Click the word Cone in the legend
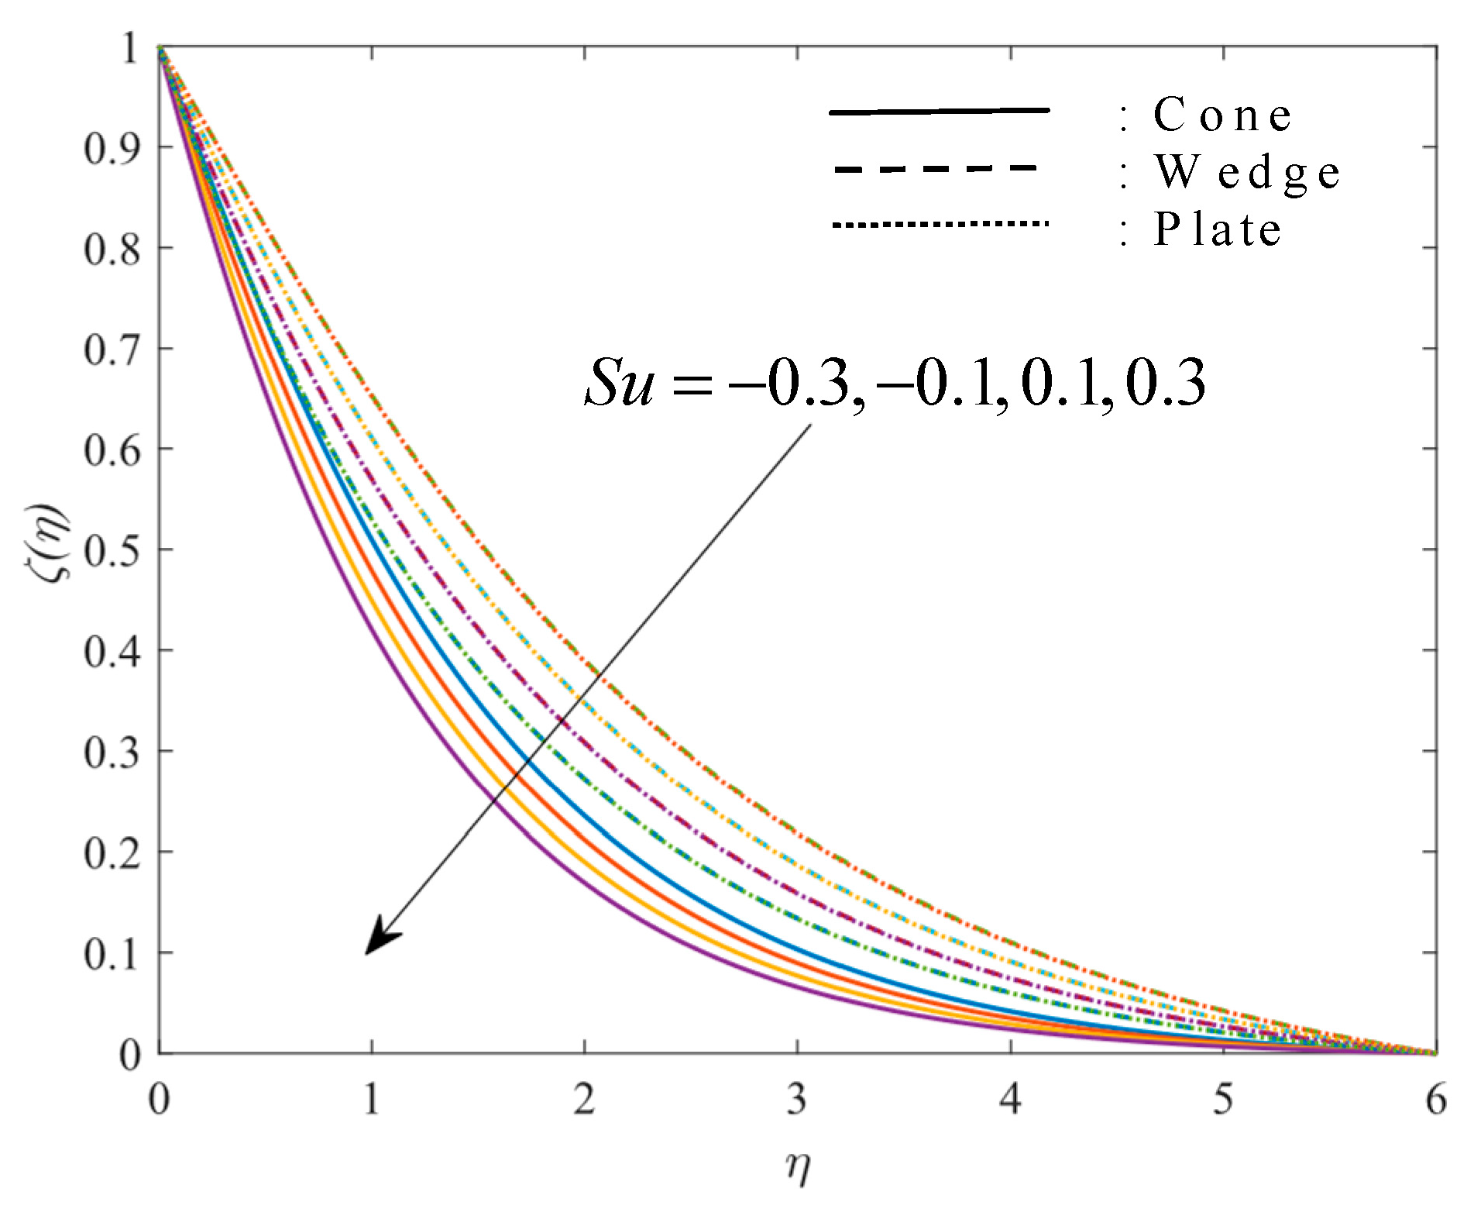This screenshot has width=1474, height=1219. pyautogui.click(x=1222, y=115)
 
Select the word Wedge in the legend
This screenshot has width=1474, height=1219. pyautogui.click(x=1247, y=172)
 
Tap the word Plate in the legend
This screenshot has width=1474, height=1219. pyautogui.click(x=1217, y=229)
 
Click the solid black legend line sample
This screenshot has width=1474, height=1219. pyautogui.click(x=939, y=112)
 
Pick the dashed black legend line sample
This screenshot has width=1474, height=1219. pyautogui.click(x=936, y=168)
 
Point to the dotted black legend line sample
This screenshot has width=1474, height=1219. pyautogui.click(x=940, y=225)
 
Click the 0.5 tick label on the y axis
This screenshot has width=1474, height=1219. pyautogui.click(x=112, y=551)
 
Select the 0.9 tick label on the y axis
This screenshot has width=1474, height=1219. pyautogui.click(x=112, y=148)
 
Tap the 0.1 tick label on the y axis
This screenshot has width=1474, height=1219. pyautogui.click(x=112, y=954)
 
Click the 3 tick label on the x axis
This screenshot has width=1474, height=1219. pyautogui.click(x=797, y=1099)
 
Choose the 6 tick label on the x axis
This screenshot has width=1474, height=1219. pyautogui.click(x=1435, y=1099)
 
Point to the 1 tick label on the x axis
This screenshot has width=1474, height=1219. pyautogui.click(x=372, y=1099)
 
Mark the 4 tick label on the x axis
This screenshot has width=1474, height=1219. pyautogui.click(x=1010, y=1099)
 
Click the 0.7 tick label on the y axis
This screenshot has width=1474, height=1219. pyautogui.click(x=112, y=350)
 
